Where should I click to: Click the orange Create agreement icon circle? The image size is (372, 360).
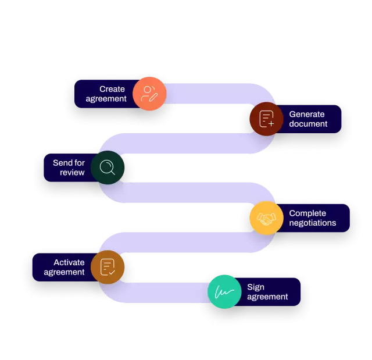tap(149, 94)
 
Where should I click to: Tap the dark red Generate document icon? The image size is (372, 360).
tap(266, 119)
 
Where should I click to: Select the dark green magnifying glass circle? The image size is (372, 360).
tap(108, 167)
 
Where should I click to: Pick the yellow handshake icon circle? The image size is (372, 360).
tap(266, 218)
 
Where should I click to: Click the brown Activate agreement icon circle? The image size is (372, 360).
tap(108, 267)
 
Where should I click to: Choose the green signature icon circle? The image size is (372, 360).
tap(224, 291)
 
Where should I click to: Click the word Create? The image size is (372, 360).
tap(112, 89)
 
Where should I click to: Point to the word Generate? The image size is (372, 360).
tap(307, 114)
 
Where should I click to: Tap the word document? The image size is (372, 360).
tap(308, 124)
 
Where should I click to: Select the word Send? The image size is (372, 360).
tap(62, 163)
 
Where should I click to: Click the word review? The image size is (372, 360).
tap(72, 173)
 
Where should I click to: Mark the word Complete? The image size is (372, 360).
tap(307, 213)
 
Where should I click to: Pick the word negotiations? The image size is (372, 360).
tap(312, 223)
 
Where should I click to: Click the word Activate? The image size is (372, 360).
tap(69, 262)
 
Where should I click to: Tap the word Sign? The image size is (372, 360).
tap(256, 287)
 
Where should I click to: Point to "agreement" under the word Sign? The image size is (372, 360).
tap(267, 297)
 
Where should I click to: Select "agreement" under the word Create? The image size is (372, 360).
tap(106, 99)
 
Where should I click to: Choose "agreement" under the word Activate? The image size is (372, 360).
tap(64, 272)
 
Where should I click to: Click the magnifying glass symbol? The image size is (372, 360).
tap(107, 167)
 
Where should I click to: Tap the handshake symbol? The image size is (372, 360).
tap(266, 219)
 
